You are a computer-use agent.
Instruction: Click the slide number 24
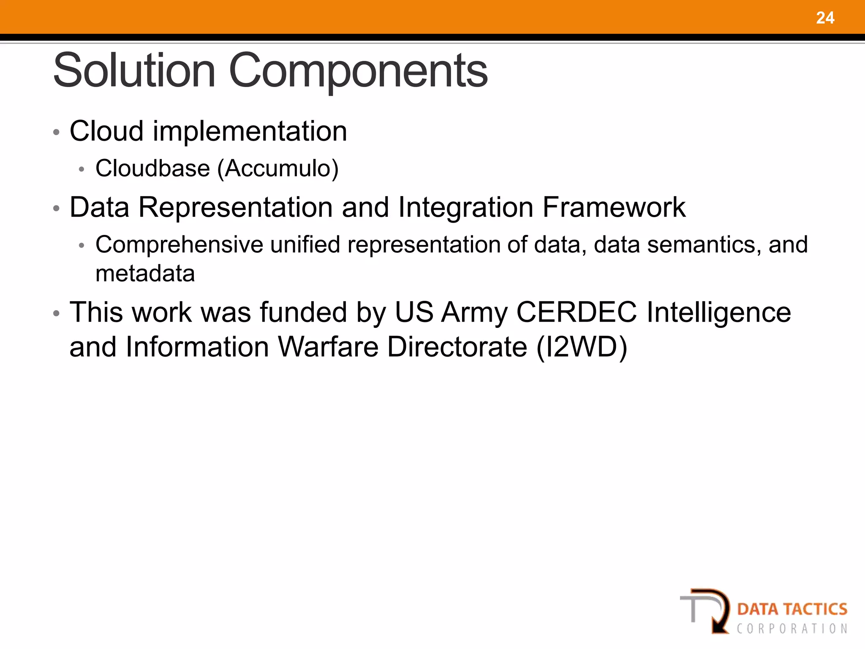pyautogui.click(x=825, y=18)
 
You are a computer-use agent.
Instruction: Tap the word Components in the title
pyautogui.click(x=358, y=71)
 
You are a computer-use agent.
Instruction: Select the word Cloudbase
pyautogui.click(x=152, y=168)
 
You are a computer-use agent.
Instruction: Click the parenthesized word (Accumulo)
pyautogui.click(x=277, y=169)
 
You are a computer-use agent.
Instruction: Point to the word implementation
pyautogui.click(x=250, y=131)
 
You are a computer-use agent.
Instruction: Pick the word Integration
pyautogui.click(x=465, y=207)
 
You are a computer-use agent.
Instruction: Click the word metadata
pyautogui.click(x=145, y=273)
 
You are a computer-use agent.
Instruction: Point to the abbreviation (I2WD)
pyautogui.click(x=582, y=347)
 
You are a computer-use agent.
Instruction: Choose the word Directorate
pyautogui.click(x=457, y=347)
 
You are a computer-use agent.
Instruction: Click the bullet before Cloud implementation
pyautogui.click(x=56, y=132)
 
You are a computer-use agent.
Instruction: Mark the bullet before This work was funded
pyautogui.click(x=56, y=314)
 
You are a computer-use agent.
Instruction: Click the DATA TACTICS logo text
pyautogui.click(x=792, y=609)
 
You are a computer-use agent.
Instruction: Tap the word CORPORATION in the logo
pyautogui.click(x=792, y=629)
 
